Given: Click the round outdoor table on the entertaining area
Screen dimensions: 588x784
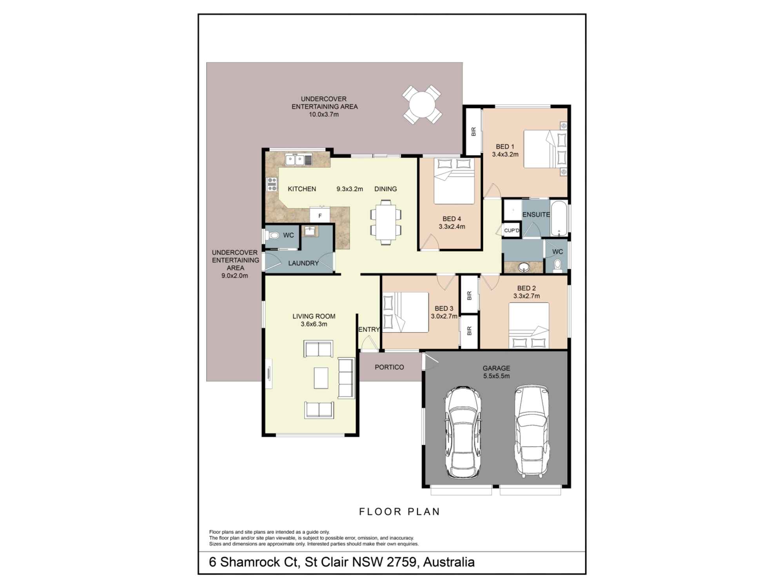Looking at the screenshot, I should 422,105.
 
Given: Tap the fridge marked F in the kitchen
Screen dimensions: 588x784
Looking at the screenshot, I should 320,216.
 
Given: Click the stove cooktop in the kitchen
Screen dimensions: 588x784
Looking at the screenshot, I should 272,184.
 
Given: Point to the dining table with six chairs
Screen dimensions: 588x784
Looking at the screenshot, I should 386,222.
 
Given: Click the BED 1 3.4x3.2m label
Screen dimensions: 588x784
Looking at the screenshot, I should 505,151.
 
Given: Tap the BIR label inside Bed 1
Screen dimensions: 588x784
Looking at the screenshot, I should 473,131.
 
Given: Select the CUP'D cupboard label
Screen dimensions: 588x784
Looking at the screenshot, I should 512,230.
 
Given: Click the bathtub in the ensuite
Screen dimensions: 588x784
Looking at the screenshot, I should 559,218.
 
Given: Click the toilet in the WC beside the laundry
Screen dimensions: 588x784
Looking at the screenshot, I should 273,235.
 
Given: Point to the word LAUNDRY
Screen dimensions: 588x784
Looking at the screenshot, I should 303,263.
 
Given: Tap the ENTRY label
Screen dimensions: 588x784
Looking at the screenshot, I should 369,330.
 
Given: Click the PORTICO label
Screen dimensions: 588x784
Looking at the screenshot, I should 389,367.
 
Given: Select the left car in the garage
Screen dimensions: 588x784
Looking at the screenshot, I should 463,431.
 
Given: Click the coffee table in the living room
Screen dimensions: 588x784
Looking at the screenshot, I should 321,377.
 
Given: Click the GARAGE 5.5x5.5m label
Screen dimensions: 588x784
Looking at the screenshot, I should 496,372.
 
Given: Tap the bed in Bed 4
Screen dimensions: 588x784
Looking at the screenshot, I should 454,181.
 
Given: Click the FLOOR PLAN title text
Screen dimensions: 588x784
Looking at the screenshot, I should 399,512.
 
